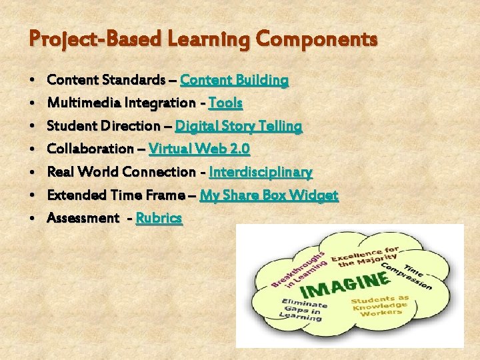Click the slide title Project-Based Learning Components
point(203,39)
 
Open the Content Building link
point(234,81)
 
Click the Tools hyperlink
point(225,103)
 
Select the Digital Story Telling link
point(238,126)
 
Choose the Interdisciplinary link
point(260,172)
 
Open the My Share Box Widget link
point(269,195)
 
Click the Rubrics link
point(159,218)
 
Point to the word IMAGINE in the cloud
point(344,284)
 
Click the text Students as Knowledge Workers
point(381,305)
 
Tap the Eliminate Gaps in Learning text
point(301,310)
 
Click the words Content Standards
point(106,81)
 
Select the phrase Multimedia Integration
point(121,103)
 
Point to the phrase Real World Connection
point(121,172)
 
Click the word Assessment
point(83,218)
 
